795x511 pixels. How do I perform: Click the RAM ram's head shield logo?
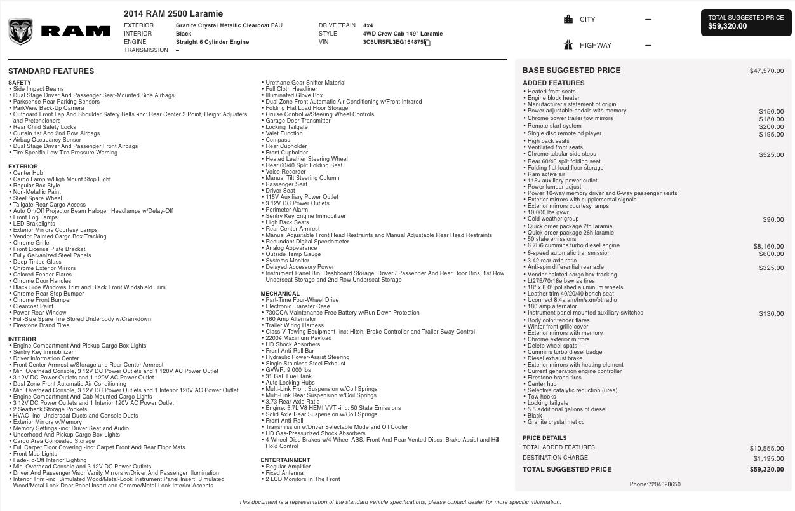20,32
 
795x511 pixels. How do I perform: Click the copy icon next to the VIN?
428,43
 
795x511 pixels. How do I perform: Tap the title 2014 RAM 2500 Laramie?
173,13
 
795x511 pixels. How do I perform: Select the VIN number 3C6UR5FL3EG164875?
393,42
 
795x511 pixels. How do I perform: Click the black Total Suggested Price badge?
746,22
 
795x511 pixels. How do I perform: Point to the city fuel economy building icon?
568,19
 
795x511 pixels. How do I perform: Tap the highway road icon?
568,45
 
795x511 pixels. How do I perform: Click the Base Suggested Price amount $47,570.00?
766,71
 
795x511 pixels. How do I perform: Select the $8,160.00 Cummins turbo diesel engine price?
768,246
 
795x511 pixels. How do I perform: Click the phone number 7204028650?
664,484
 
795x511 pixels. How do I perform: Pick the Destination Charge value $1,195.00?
768,458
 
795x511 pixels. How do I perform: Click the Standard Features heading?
51,71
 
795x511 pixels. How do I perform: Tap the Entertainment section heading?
285,460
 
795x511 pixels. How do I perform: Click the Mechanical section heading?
280,294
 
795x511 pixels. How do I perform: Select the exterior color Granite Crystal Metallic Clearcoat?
223,25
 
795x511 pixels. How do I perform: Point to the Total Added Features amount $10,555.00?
766,448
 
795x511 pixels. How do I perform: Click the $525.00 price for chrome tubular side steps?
771,154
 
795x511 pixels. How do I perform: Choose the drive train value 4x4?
368,25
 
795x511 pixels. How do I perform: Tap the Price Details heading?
545,438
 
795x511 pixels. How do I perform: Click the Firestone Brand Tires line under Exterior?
41,325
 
